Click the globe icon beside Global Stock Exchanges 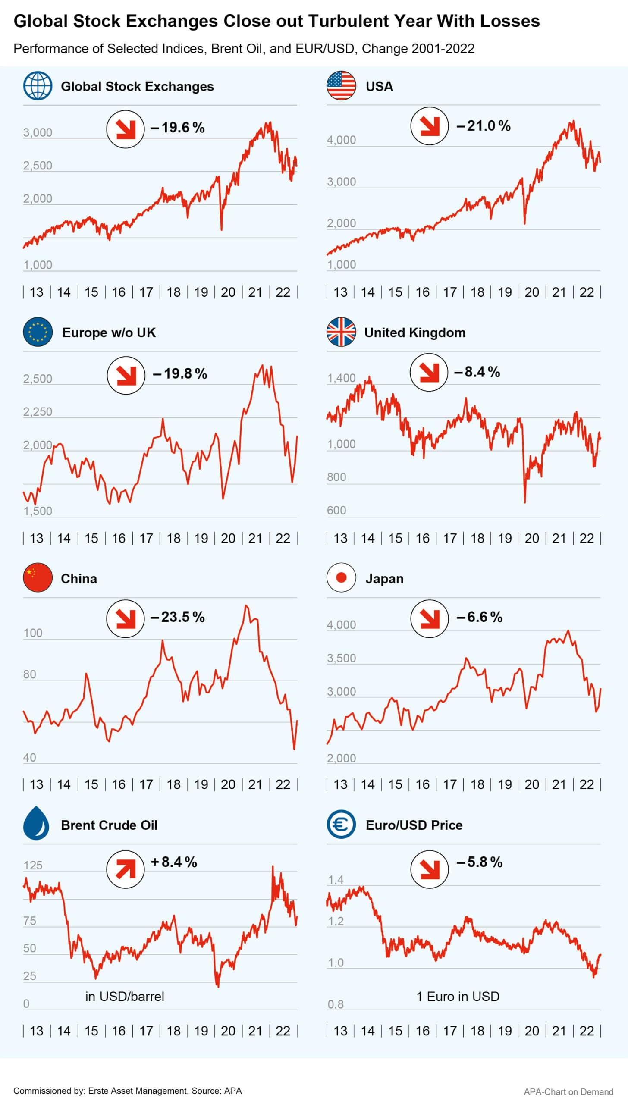38,86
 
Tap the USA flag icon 341,86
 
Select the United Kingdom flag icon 341,332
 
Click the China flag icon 38,578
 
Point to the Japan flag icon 341,578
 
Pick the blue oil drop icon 36,824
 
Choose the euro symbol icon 341,824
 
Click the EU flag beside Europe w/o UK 38,332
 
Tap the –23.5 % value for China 177,617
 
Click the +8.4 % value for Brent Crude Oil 174,862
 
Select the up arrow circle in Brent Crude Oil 125,869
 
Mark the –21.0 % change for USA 483,126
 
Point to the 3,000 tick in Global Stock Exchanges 38,132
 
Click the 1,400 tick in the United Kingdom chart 341,378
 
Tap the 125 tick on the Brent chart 33,866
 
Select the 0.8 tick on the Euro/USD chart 336,1004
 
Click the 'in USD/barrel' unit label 125,997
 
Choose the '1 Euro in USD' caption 458,997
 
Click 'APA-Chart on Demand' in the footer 568,1091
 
